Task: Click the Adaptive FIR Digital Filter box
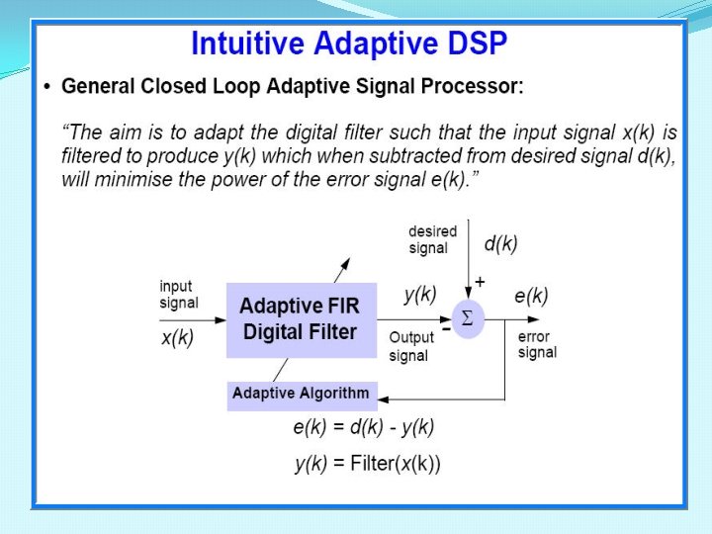click(301, 319)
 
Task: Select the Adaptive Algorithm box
click(301, 394)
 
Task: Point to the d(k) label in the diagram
click(500, 242)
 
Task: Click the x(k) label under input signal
click(178, 337)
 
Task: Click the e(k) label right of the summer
click(531, 295)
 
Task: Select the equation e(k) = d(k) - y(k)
click(364, 427)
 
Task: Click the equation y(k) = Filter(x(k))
click(368, 463)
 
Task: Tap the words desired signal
click(432, 239)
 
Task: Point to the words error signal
click(537, 344)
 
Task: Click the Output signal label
click(410, 345)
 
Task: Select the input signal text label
click(178, 295)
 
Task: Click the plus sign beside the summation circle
click(480, 282)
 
